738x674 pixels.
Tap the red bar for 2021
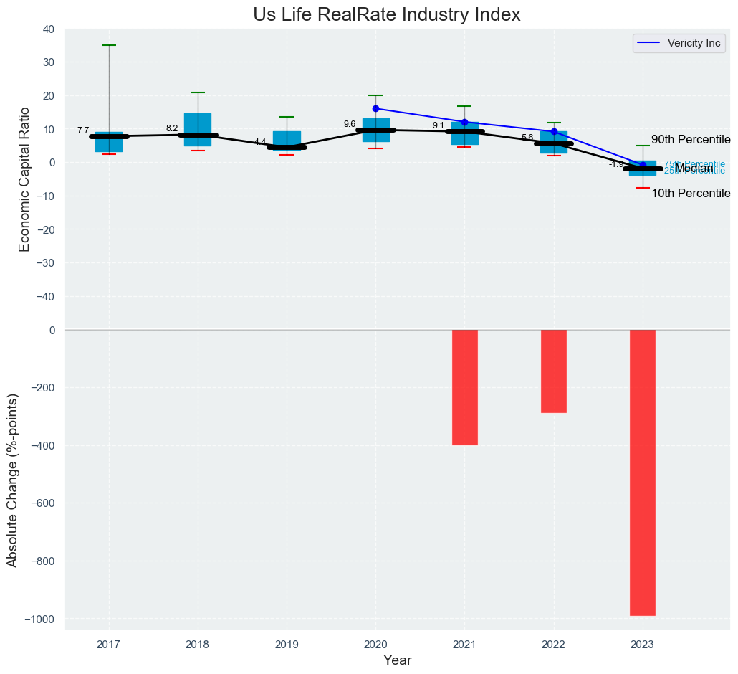tap(464, 387)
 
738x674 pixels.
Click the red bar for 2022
tap(553, 371)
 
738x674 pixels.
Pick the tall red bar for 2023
tap(642, 473)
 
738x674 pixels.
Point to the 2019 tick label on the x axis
tap(287, 644)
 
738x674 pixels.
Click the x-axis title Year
tap(397, 660)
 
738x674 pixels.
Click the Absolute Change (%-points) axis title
tap(12, 480)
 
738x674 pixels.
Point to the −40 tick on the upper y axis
tap(47, 297)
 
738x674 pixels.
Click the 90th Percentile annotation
tap(691, 140)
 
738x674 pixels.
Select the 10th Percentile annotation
tap(691, 194)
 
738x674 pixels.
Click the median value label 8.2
tap(172, 128)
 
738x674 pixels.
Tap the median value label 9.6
tap(350, 124)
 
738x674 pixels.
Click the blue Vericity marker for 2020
tap(375, 108)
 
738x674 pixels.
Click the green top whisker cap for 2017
tap(109, 45)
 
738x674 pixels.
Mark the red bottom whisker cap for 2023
tap(642, 188)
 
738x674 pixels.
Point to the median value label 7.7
tap(83, 130)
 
